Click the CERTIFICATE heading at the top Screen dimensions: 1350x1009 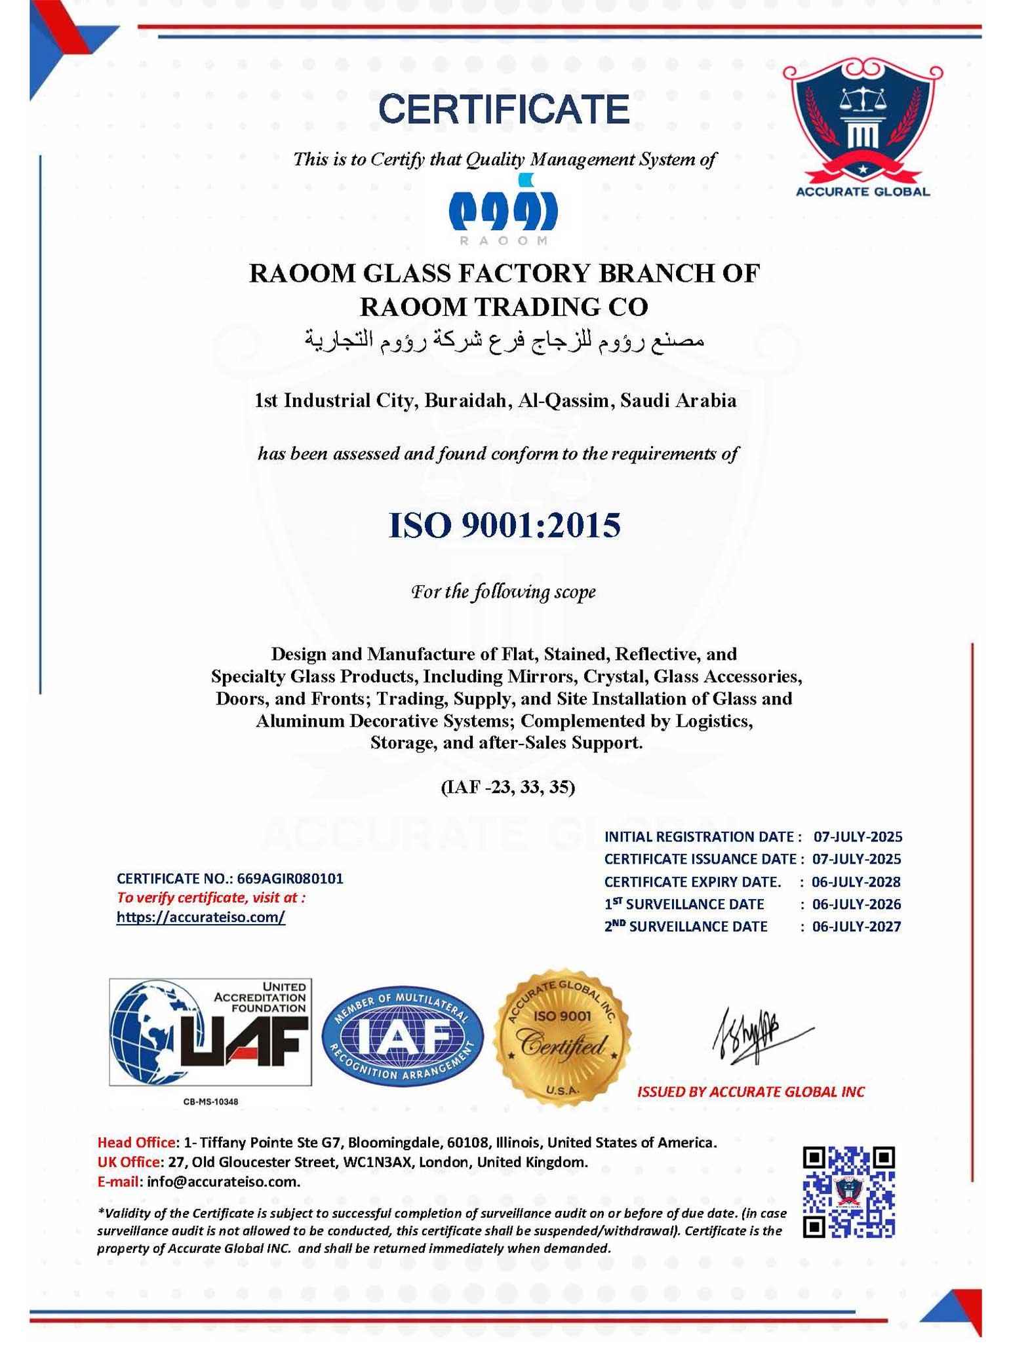[504, 109]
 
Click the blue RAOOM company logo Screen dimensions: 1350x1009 [503, 206]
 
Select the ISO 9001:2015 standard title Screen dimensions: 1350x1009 [504, 526]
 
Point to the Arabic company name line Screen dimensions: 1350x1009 [504, 340]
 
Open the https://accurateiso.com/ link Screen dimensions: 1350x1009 [201, 917]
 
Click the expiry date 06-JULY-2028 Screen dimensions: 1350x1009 [856, 882]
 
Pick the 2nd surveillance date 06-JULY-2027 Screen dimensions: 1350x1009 [856, 927]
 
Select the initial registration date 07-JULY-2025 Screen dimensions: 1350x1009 [858, 837]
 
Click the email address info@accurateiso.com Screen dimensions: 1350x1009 [223, 1182]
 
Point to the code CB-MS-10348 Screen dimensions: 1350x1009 [210, 1102]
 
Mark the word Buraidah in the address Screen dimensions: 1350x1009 [467, 400]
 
